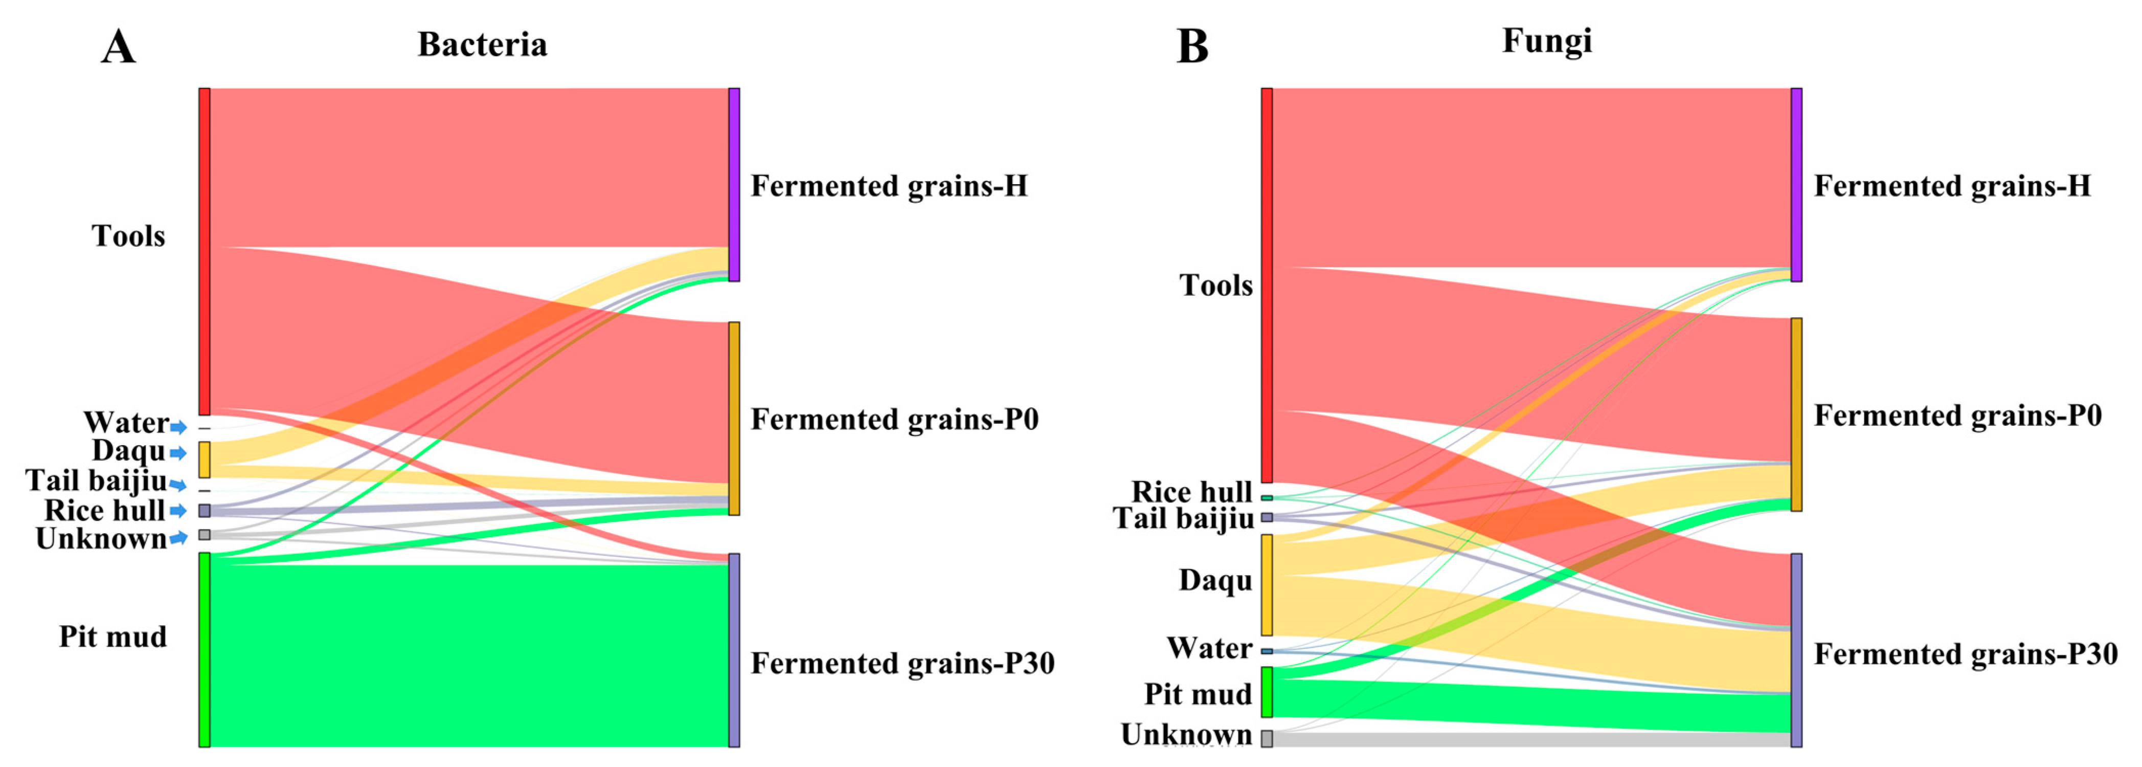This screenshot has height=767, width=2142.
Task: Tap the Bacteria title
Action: tap(482, 44)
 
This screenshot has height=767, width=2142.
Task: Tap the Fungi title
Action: tap(1547, 41)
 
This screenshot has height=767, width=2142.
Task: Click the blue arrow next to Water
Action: tap(178, 428)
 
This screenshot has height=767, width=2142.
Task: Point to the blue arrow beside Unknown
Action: tap(178, 539)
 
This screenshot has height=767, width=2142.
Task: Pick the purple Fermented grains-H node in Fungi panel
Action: tap(1796, 185)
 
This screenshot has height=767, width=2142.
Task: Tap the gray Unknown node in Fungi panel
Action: tap(1267, 738)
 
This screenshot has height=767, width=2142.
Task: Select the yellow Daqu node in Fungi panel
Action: tap(1267, 585)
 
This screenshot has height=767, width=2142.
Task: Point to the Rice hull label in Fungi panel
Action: tap(1191, 492)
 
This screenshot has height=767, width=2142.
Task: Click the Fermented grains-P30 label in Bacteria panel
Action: tap(902, 663)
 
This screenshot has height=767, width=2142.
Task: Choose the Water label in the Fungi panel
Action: tap(1209, 648)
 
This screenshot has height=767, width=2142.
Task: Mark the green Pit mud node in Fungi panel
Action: tap(1267, 691)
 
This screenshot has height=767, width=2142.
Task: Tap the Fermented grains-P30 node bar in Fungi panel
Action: tap(1796, 650)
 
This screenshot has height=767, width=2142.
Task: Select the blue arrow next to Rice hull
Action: tap(178, 511)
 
